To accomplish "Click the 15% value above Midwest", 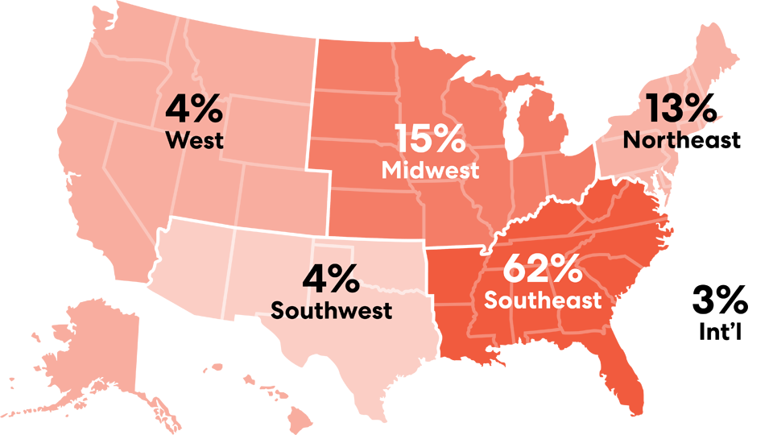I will click(x=430, y=139).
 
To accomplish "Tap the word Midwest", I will click(x=430, y=171).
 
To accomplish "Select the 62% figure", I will click(x=542, y=269).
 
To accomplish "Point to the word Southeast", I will click(x=542, y=300).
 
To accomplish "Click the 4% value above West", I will click(x=194, y=109).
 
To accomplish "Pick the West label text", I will click(x=194, y=140).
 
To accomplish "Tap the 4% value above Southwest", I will click(x=331, y=279).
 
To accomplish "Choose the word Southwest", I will click(x=331, y=310).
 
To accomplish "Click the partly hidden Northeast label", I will click(x=654, y=140).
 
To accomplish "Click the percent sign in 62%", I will click(x=566, y=269).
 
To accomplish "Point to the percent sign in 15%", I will click(x=450, y=139).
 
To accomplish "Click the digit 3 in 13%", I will click(x=675, y=108).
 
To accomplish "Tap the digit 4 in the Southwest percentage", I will click(x=315, y=279).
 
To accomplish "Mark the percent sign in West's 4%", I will click(x=208, y=109).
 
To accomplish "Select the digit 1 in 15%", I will click(x=401, y=139).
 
